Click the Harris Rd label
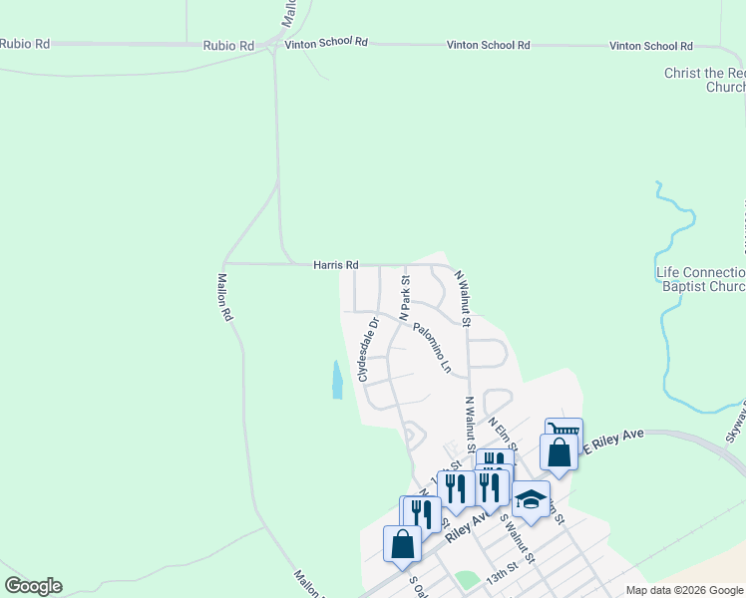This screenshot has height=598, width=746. click(x=335, y=265)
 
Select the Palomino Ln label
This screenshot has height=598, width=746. click(x=433, y=345)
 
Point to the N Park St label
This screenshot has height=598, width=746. click(x=406, y=298)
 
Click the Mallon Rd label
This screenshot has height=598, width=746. click(x=225, y=297)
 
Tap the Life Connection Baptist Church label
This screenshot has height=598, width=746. click(x=700, y=280)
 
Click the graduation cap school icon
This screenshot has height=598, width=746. click(x=531, y=498)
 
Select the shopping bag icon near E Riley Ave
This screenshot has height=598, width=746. click(x=559, y=452)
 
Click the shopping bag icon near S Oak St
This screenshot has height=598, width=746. click(x=402, y=544)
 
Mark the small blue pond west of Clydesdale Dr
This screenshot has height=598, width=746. click(x=337, y=379)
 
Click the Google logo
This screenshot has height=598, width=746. click(x=33, y=586)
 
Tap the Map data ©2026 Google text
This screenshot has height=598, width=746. click(x=684, y=590)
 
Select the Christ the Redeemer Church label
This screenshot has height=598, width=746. click(x=705, y=81)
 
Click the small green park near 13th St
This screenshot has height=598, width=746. click(x=466, y=579)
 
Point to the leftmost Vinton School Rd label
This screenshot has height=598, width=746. click(x=326, y=45)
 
